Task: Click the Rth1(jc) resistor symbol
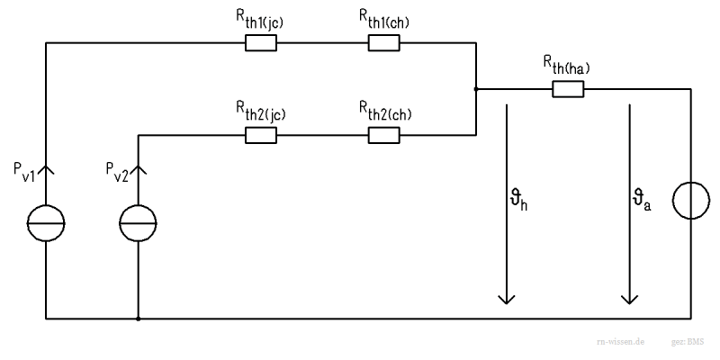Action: (x=261, y=42)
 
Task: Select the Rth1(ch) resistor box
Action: (x=384, y=42)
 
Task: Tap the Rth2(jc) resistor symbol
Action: (x=261, y=135)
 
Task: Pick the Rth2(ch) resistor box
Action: (x=384, y=135)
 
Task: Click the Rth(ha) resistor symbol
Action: (x=568, y=88)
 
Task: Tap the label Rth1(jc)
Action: (x=261, y=18)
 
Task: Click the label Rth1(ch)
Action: (x=385, y=18)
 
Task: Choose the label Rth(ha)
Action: (x=567, y=64)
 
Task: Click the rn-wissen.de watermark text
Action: (x=620, y=344)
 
